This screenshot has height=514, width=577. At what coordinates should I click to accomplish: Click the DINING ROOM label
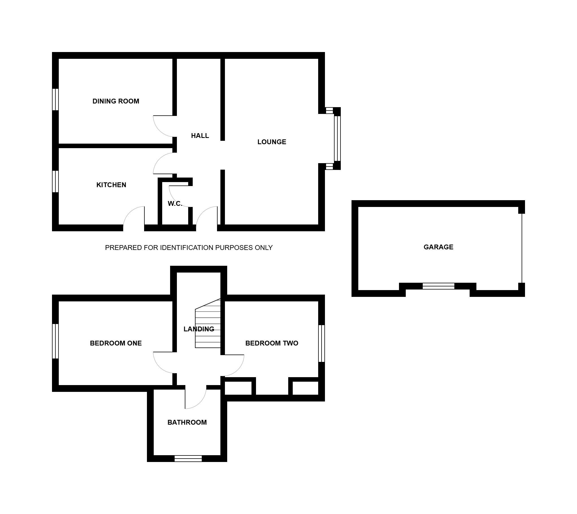click(x=116, y=101)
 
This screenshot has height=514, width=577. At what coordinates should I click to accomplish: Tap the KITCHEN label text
click(x=111, y=185)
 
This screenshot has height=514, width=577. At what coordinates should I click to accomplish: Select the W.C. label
click(x=175, y=204)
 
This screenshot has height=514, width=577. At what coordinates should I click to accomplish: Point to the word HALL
click(x=200, y=136)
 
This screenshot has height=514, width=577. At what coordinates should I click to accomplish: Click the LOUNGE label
click(x=272, y=142)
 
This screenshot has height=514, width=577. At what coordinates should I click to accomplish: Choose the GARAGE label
click(x=439, y=247)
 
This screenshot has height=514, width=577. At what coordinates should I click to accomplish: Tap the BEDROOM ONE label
click(x=116, y=343)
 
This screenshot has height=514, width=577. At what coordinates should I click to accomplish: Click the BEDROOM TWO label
click(x=272, y=343)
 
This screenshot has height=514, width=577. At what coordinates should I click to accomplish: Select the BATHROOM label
click(x=187, y=422)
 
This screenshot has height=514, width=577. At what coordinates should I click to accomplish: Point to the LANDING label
click(x=199, y=329)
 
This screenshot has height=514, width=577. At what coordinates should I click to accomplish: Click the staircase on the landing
click(x=208, y=323)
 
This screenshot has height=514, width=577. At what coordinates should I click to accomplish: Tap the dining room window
click(x=55, y=100)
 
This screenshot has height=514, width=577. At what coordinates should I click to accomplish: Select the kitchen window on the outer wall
click(x=55, y=182)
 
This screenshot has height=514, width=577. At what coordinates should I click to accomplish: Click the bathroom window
click(x=188, y=458)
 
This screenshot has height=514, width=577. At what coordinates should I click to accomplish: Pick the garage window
click(x=439, y=286)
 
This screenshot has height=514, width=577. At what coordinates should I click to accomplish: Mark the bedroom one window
click(x=55, y=341)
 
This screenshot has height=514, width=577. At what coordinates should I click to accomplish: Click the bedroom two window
click(x=322, y=344)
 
